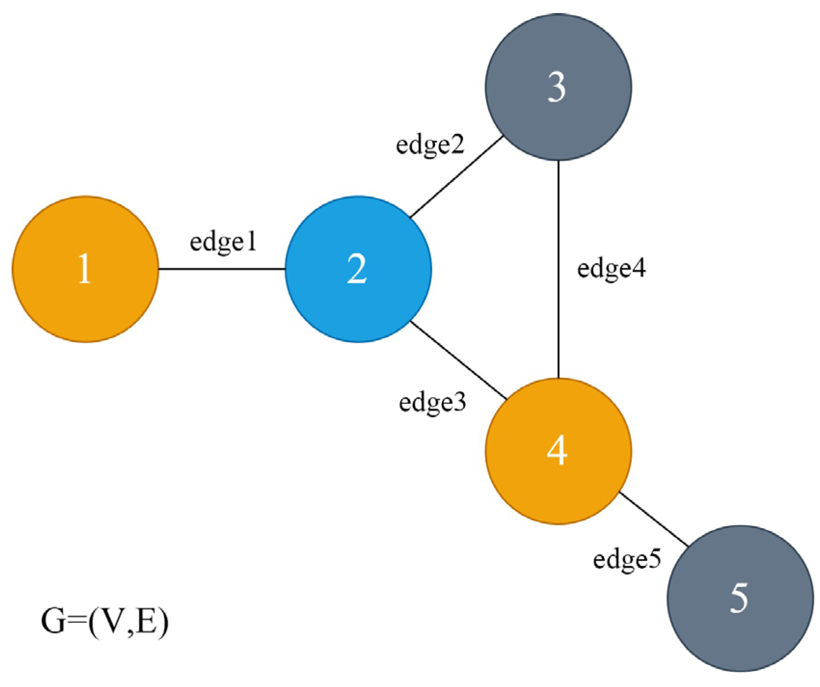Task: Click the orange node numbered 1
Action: (85, 269)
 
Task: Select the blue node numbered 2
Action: (358, 269)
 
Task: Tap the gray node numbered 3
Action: (558, 87)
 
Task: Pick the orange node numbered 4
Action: (558, 451)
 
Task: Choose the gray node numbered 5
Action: (740, 598)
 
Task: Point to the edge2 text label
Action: (430, 144)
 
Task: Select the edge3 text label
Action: (432, 402)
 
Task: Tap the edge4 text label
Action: (611, 269)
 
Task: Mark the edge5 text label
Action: (627, 560)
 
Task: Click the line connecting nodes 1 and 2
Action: (222, 269)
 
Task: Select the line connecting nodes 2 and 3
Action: (456, 177)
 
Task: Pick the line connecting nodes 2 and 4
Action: (458, 360)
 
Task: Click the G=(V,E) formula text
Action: (105, 622)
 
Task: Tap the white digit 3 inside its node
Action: (557, 87)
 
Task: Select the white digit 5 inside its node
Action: (739, 598)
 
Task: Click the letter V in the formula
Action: (114, 621)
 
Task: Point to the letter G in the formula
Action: (53, 621)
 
